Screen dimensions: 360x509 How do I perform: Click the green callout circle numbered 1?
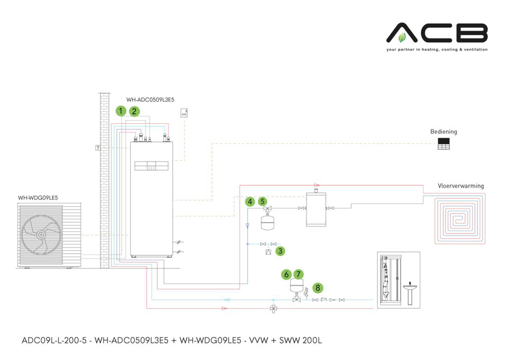[120, 111]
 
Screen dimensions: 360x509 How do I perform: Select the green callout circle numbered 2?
[134, 111]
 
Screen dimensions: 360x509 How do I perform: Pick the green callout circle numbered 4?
[249, 201]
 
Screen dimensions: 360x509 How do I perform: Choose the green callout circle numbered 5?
[262, 201]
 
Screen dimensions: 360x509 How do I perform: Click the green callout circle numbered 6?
[287, 274]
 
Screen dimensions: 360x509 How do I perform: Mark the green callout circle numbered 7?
[299, 274]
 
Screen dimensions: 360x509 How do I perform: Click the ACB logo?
[437, 33]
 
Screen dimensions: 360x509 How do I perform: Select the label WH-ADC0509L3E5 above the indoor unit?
[150, 99]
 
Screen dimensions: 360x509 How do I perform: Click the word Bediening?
[443, 132]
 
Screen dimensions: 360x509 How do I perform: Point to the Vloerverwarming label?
[460, 185]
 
